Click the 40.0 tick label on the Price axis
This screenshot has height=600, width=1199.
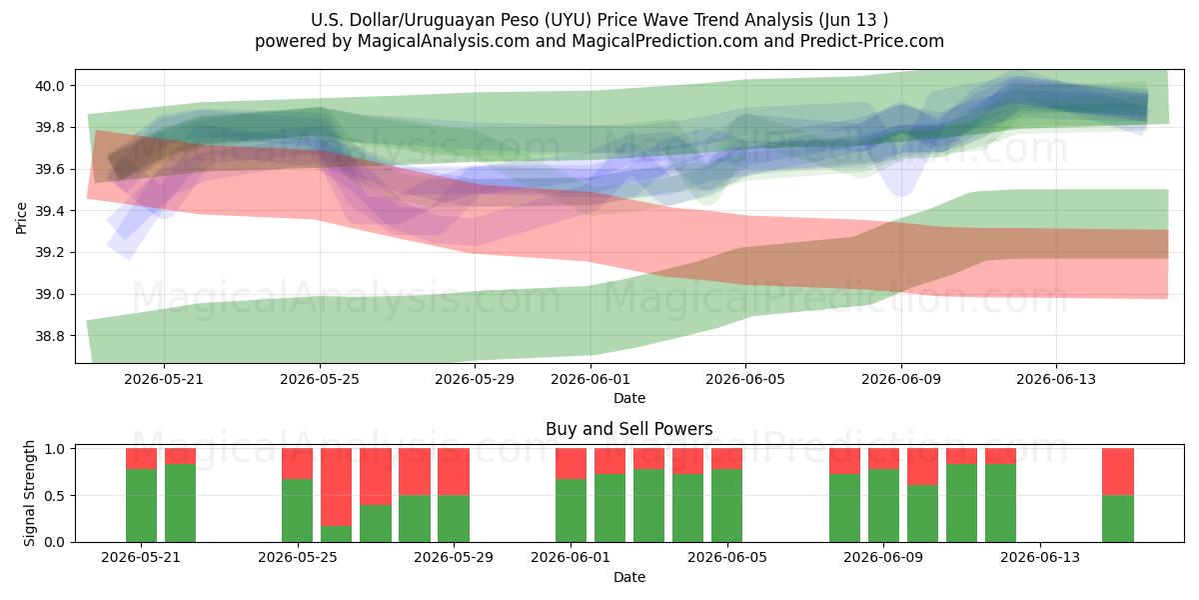[x=50, y=86]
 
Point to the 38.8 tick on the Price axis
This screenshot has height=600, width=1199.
[x=50, y=336]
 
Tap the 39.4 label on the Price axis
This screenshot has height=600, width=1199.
[x=50, y=211]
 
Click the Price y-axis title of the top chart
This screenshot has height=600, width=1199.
[x=21, y=218]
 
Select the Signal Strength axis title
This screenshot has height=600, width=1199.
[x=29, y=493]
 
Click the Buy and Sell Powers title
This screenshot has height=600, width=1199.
[x=628, y=429]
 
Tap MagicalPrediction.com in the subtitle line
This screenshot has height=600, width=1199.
[x=664, y=41]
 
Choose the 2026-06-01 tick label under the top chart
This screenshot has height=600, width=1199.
[x=591, y=379]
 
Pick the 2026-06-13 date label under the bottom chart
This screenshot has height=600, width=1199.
[x=1040, y=557]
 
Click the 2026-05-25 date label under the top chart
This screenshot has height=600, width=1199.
[x=320, y=379]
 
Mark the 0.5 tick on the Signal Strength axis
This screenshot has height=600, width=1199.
[x=54, y=496]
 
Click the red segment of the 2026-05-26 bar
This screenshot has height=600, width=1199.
[x=336, y=487]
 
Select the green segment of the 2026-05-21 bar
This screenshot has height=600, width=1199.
[x=141, y=506]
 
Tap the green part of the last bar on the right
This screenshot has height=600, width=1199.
[x=1118, y=519]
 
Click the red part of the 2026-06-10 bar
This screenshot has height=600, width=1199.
[x=923, y=467]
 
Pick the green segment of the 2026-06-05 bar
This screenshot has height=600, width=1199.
[x=727, y=506]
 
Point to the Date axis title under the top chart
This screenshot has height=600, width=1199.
[x=628, y=398]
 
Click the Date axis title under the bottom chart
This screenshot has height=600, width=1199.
[x=628, y=577]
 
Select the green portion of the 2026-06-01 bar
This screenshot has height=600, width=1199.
[x=572, y=511]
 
